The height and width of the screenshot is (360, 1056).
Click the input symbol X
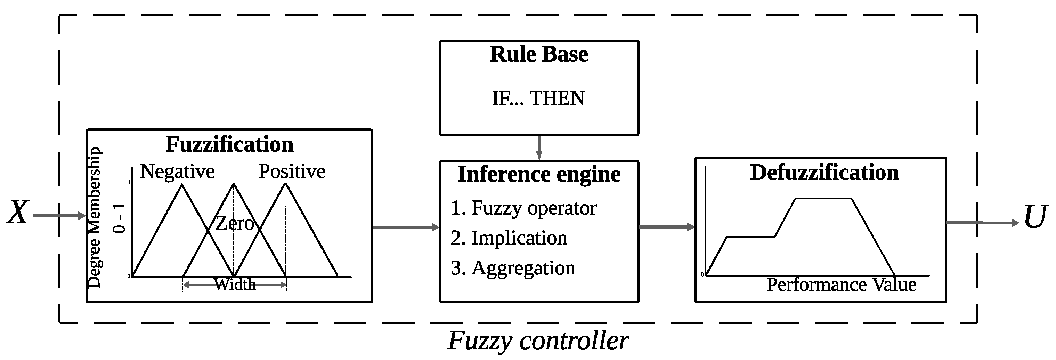tap(18, 213)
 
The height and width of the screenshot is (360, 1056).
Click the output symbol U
tap(1035, 217)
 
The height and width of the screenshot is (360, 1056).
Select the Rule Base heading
tap(539, 55)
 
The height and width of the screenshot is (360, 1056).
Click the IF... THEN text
tap(538, 98)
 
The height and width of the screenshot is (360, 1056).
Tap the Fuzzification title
tap(229, 144)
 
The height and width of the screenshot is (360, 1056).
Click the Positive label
tap(292, 171)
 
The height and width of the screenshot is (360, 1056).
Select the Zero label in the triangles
tap(235, 223)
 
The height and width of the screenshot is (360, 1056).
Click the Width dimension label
tap(235, 285)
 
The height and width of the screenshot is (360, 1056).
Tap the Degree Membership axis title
tap(95, 217)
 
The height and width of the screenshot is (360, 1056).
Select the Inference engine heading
tap(539, 175)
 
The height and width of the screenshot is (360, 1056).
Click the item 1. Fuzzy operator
tap(523, 208)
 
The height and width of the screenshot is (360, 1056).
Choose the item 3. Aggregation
tap(512, 268)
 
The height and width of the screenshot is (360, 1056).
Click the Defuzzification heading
tap(825, 173)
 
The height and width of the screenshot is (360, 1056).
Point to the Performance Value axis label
tap(841, 285)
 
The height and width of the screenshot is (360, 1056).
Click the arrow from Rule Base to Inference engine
tap(539, 147)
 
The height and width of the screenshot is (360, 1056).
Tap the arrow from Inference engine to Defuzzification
tap(666, 227)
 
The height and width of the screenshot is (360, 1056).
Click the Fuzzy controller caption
tap(538, 340)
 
